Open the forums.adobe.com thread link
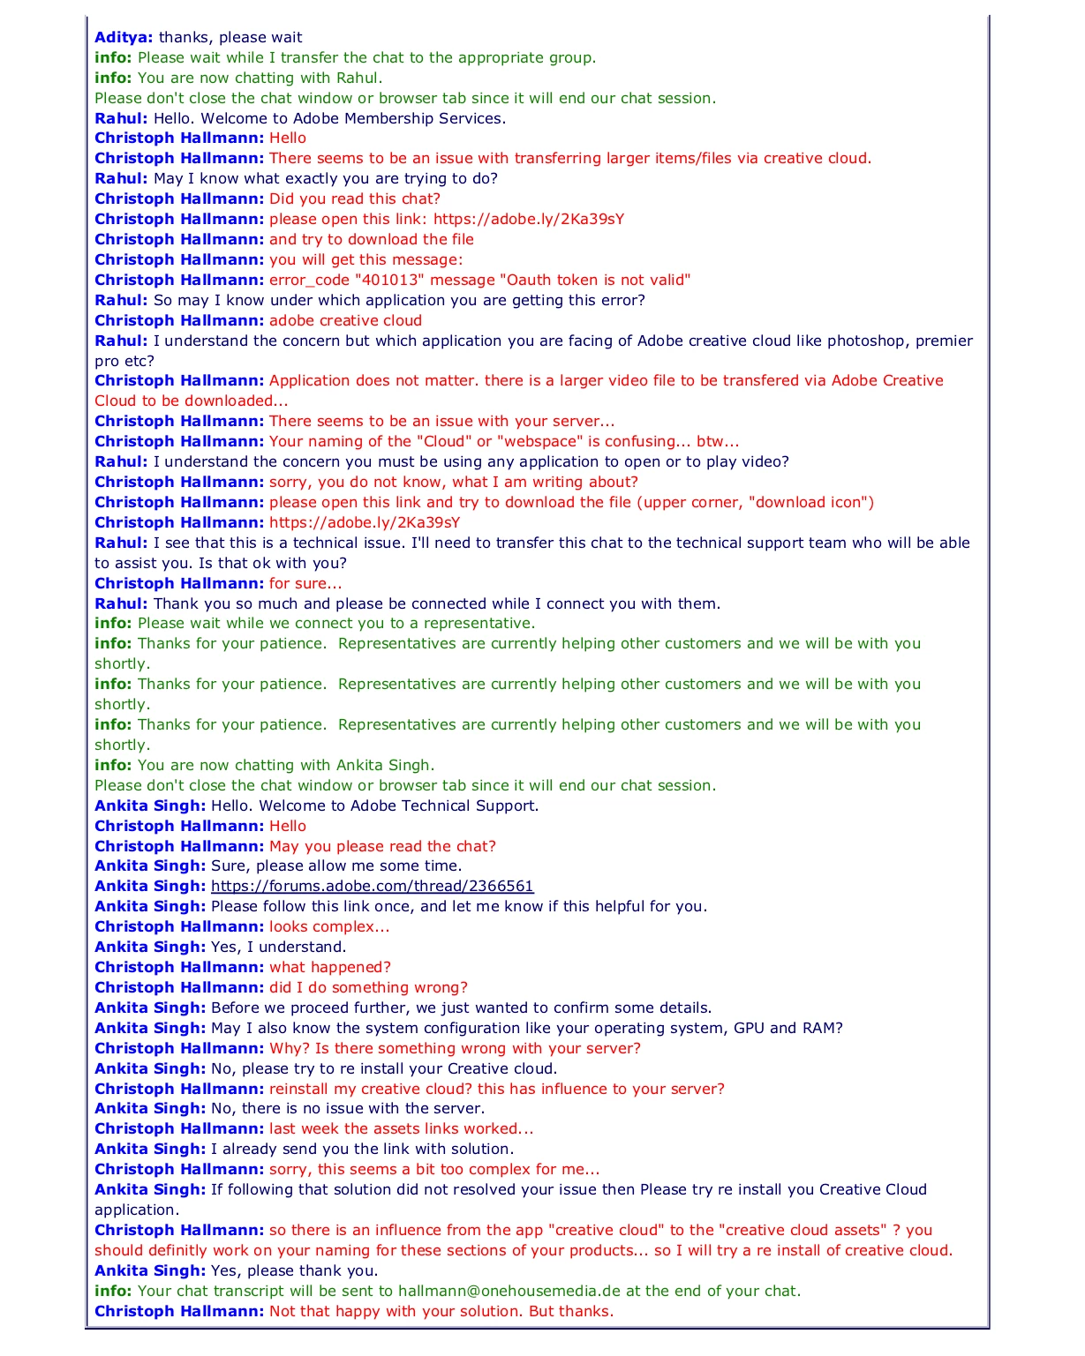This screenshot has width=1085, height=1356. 372,886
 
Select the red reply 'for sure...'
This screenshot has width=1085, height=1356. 305,583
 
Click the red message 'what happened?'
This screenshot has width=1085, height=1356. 330,967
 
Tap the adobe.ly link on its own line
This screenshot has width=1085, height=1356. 365,522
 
